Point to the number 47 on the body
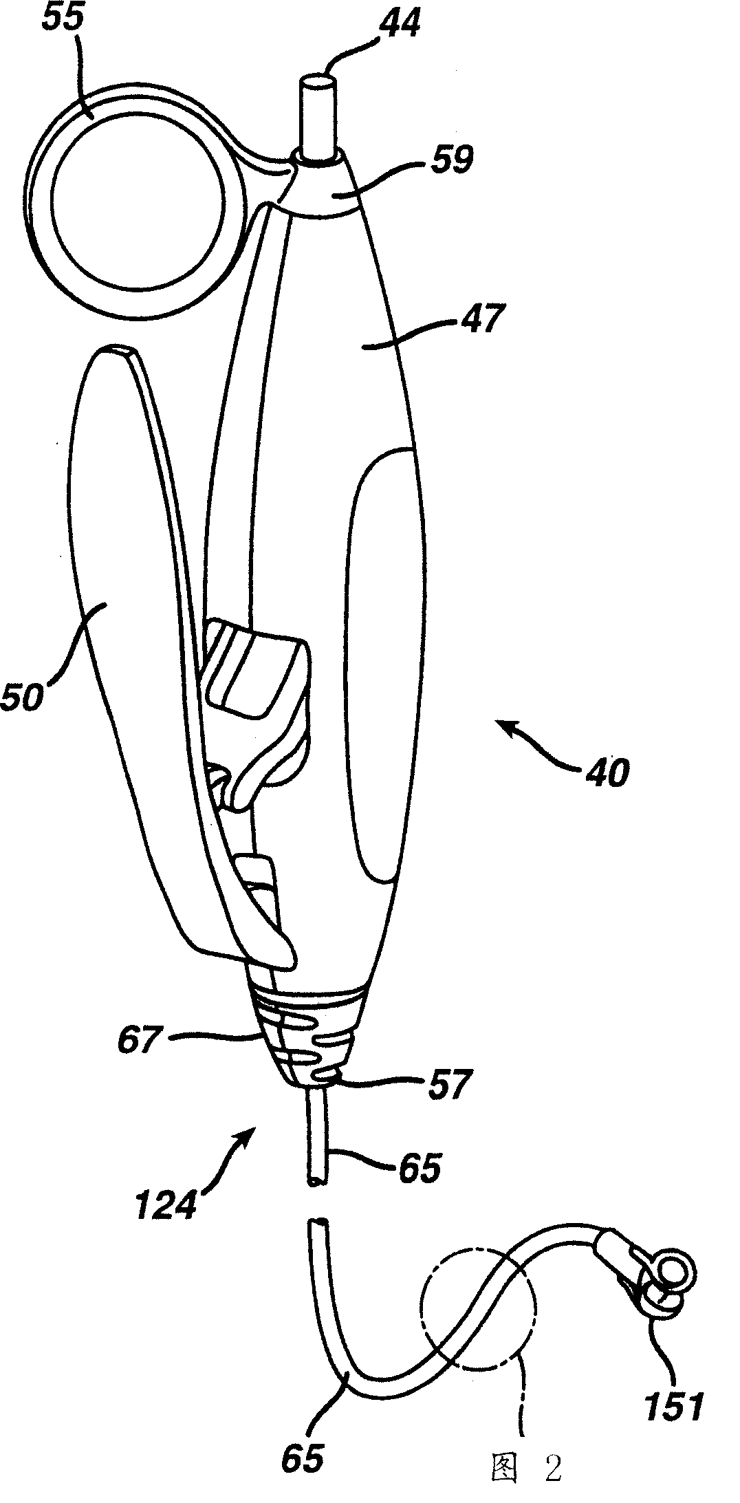(x=485, y=321)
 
